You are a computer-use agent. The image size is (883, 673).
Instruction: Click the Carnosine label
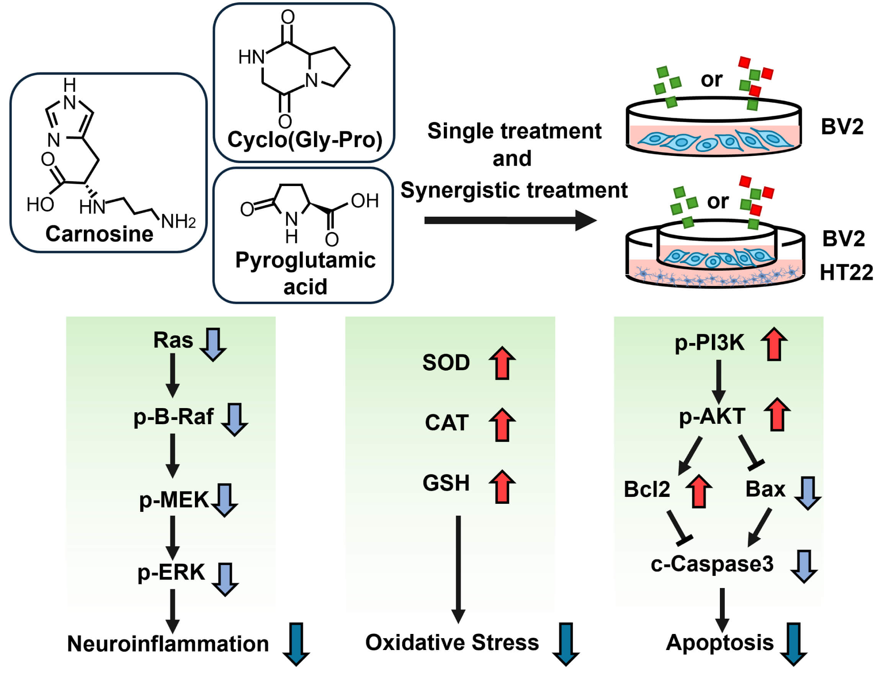pos(99,234)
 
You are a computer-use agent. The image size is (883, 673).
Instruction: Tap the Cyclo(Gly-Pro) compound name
pos(304,140)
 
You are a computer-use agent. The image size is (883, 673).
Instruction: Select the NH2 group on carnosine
pos(178,222)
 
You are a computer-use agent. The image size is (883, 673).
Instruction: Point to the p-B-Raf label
pos(173,417)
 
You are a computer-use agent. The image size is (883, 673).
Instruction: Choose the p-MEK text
pos(174,500)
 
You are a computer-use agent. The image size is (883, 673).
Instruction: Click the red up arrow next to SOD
pos(502,363)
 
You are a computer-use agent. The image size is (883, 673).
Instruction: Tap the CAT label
pos(446,423)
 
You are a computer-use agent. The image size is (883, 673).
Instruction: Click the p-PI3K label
pos(710,343)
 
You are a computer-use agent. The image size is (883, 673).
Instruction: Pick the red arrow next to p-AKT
pos(777,415)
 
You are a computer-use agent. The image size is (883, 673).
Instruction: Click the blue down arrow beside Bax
pos(808,493)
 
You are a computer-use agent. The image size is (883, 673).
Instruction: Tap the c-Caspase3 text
pos(712,564)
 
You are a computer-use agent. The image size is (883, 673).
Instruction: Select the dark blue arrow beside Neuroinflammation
pos(296,644)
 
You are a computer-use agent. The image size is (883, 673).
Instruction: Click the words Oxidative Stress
pos(452,642)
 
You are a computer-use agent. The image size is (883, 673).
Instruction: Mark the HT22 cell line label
pos(846,273)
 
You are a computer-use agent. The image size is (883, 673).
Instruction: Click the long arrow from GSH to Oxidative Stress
pos(458,569)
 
